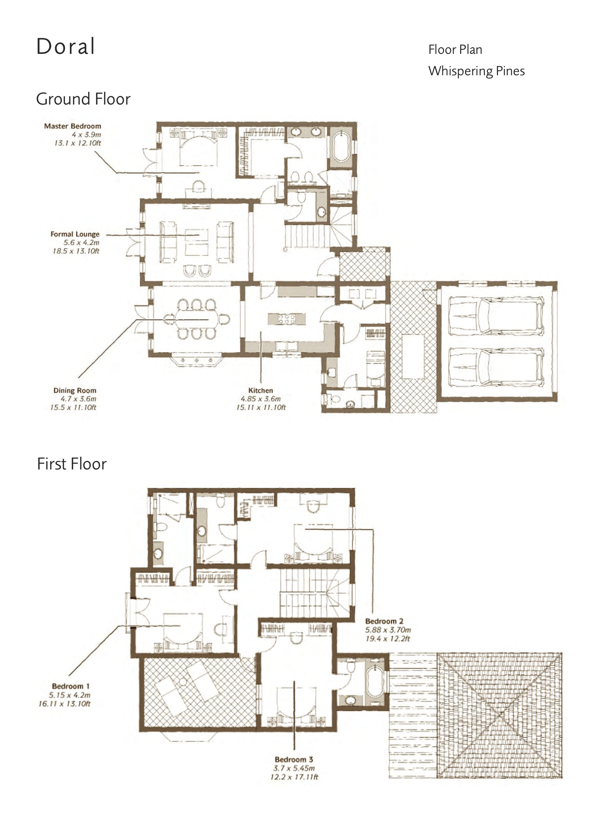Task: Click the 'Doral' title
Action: click(x=66, y=46)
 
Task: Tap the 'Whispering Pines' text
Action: click(x=476, y=71)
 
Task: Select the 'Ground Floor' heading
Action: click(x=83, y=99)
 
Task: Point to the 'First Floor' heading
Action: click(x=72, y=464)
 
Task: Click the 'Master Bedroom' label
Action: click(x=73, y=126)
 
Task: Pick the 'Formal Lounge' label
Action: click(x=75, y=234)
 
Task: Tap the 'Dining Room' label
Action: click(x=75, y=391)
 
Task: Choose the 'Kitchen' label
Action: click(x=261, y=390)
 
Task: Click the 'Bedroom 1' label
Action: click(x=71, y=686)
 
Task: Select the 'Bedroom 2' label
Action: click(x=384, y=621)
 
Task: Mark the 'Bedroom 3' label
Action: click(x=294, y=759)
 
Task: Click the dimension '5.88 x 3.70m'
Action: click(x=388, y=630)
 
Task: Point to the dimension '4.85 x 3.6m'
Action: click(x=261, y=399)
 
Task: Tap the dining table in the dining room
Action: click(x=197, y=319)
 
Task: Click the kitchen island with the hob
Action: click(x=287, y=319)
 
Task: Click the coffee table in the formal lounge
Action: click(x=197, y=243)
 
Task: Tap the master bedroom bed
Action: click(x=198, y=149)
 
